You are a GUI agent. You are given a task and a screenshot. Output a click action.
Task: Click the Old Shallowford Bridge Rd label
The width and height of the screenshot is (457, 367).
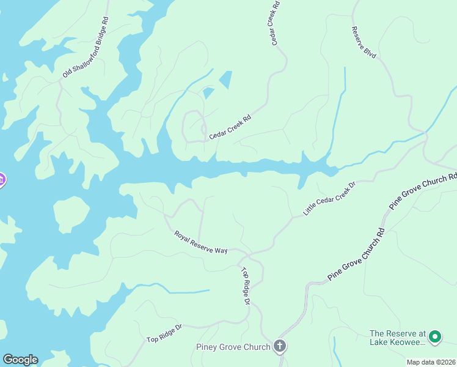tap(86, 47)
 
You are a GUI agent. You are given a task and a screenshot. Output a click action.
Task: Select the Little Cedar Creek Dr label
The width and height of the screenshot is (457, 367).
tap(329, 198)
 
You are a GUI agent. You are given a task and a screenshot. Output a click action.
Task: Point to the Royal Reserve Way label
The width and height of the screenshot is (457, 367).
tap(200, 242)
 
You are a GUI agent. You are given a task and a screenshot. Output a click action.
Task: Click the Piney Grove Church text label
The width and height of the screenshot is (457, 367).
tap(233, 347)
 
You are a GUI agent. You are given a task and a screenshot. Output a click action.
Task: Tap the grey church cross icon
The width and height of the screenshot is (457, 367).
tap(280, 347)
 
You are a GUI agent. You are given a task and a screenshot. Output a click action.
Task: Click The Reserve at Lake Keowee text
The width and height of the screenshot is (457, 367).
tap(397, 338)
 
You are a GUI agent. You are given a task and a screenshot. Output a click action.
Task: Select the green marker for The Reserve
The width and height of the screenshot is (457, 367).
tap(435, 336)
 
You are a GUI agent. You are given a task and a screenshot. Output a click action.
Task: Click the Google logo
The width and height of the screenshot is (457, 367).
tap(20, 360)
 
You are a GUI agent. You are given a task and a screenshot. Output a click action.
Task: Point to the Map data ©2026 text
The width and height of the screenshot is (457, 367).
tap(431, 362)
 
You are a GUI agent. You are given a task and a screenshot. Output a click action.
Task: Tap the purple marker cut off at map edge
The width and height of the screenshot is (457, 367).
tap(2, 180)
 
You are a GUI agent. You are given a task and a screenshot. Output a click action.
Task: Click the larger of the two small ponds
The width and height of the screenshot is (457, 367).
tap(225, 80)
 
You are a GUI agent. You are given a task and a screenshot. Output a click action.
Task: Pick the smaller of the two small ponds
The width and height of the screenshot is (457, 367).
tap(208, 93)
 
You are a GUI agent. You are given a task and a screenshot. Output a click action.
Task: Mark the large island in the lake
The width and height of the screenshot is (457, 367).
tap(71, 213)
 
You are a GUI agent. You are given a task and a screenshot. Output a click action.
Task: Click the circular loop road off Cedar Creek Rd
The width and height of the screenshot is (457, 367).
tap(194, 125)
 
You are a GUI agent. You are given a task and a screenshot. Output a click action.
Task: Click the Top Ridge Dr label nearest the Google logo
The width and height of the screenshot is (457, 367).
tap(164, 333)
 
